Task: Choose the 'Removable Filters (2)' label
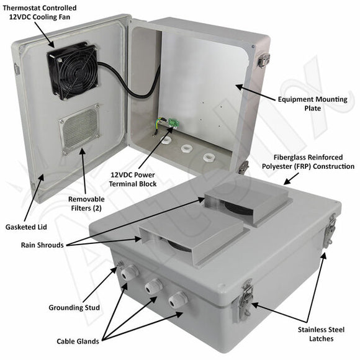86,204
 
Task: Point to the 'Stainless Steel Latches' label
320,334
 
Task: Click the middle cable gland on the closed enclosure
153,286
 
